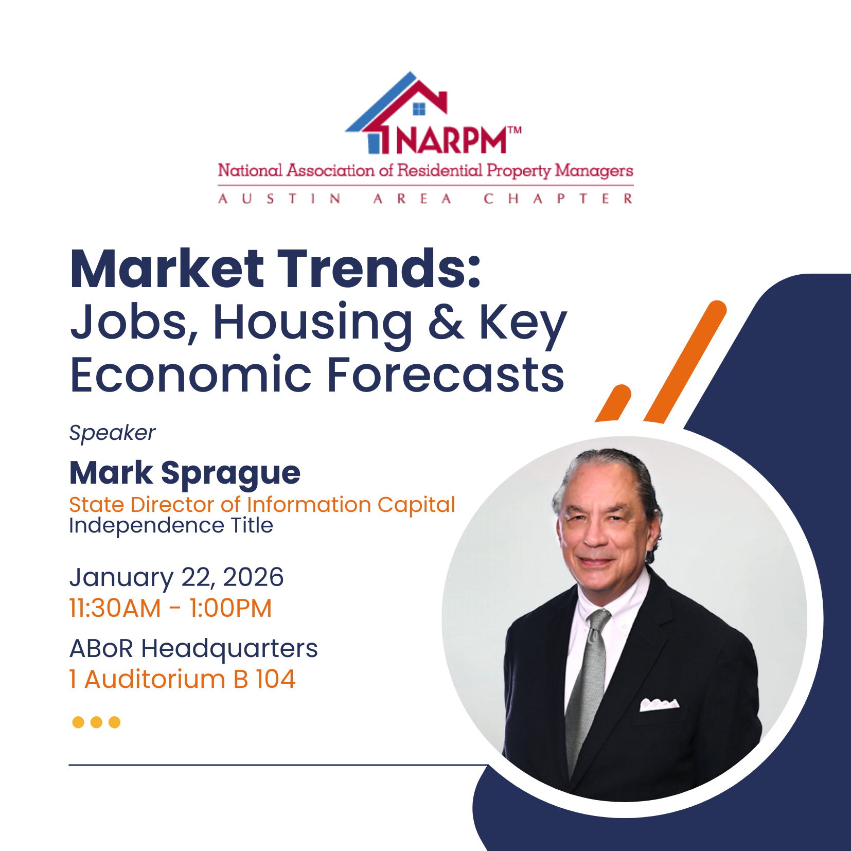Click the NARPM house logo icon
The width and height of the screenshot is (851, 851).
(396, 113)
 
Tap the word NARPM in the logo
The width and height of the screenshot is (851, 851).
(451, 140)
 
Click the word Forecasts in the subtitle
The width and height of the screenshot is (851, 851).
(446, 375)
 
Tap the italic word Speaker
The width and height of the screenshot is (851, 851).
(112, 433)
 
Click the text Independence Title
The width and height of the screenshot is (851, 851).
(171, 525)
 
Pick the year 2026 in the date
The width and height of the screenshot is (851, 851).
(253, 577)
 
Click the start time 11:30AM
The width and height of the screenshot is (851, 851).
(115, 608)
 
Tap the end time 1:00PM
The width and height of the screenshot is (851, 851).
(230, 608)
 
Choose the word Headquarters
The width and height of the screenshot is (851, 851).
(229, 648)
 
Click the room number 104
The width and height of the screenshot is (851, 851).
(276, 679)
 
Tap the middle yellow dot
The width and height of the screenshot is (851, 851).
(96, 722)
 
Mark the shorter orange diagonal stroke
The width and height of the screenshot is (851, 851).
(614, 403)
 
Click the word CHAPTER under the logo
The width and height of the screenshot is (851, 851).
(558, 199)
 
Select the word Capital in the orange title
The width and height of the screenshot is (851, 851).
(416, 505)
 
